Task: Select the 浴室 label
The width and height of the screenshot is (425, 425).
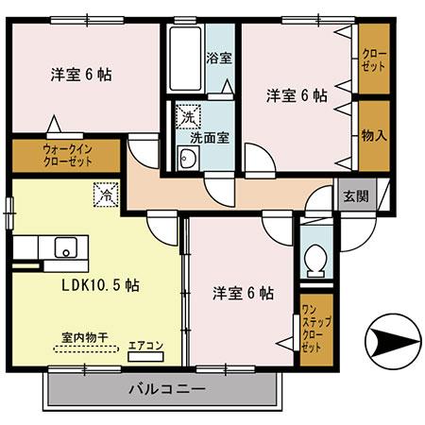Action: (218, 58)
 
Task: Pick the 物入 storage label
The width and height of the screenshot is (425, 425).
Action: (373, 135)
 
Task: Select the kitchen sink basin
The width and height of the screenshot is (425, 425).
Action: (66, 249)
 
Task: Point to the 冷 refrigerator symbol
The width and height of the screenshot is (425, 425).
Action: (103, 195)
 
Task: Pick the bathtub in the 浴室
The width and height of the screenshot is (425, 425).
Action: (186, 59)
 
